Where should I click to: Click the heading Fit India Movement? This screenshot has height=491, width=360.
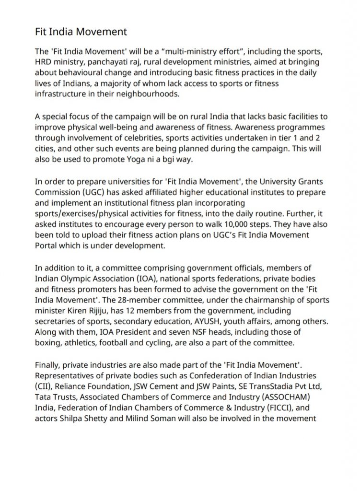point(81,32)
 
